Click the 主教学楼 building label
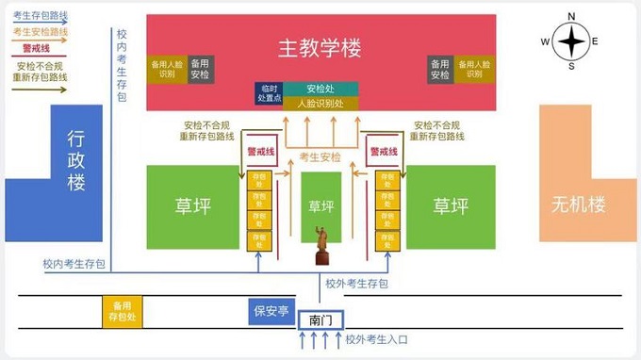(320, 47)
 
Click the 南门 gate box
(320, 320)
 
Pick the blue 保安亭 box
(271, 311)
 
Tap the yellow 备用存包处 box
(124, 312)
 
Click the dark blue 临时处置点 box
(269, 93)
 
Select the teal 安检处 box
(320, 89)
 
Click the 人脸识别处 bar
(320, 103)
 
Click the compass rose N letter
(571, 16)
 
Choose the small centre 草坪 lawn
(321, 205)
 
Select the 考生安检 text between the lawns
(320, 156)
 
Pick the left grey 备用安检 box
(200, 68)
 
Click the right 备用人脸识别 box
(474, 68)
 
